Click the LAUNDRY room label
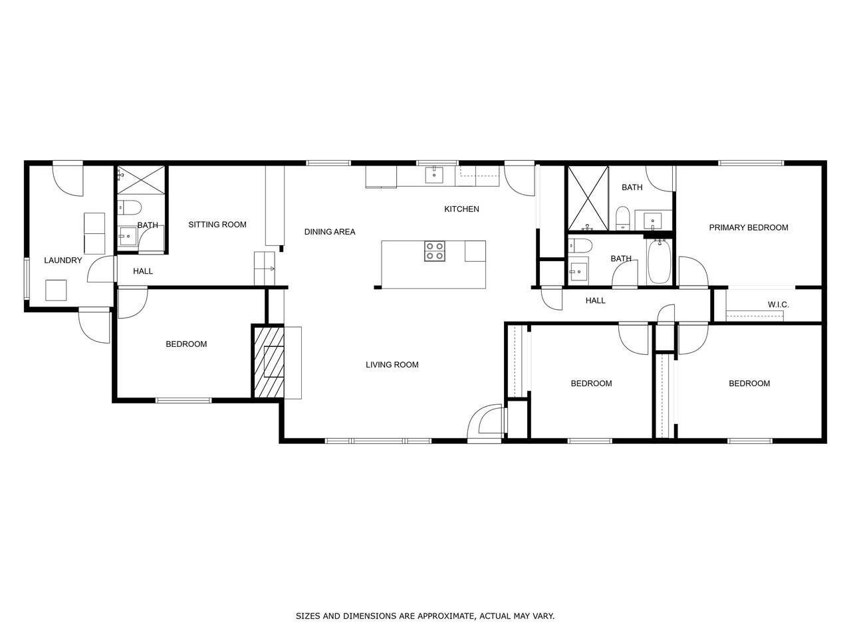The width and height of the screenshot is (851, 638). tap(62, 261)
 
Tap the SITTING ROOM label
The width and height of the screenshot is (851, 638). tap(217, 224)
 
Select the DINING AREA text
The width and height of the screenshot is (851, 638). tap(330, 232)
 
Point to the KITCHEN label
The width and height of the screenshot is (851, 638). tap(461, 209)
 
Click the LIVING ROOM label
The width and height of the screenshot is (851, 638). tap(392, 364)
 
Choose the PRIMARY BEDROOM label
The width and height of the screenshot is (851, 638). tap(748, 227)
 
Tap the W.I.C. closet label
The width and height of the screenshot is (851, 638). tap(778, 304)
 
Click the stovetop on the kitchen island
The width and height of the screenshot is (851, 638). tap(434, 251)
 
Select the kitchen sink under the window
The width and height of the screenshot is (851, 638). tap(434, 175)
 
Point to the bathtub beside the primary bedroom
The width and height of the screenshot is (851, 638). tap(659, 261)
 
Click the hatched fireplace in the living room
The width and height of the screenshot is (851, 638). tap(269, 362)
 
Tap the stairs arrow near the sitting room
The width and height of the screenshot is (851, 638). tap(270, 269)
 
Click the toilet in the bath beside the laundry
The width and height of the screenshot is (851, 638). tap(128, 208)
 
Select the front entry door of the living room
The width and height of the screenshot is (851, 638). tap(486, 423)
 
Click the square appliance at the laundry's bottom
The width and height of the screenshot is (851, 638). tap(56, 290)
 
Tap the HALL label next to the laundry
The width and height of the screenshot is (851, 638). tap(143, 271)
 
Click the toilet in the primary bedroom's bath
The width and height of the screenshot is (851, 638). tap(622, 218)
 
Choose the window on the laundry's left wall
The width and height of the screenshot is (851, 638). tap(27, 278)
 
